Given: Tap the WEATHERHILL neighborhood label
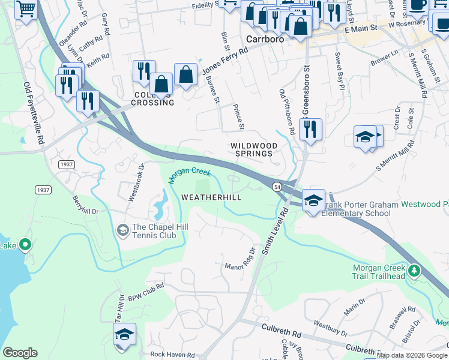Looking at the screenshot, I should (x=211, y=197).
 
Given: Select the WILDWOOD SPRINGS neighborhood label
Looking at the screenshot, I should (x=254, y=150).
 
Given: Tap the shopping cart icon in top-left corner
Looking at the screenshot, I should (x=26, y=9).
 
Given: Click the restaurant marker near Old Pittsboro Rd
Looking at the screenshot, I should (x=310, y=130).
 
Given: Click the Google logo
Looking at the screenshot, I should (x=20, y=353).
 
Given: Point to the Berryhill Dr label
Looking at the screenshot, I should (x=85, y=205).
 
